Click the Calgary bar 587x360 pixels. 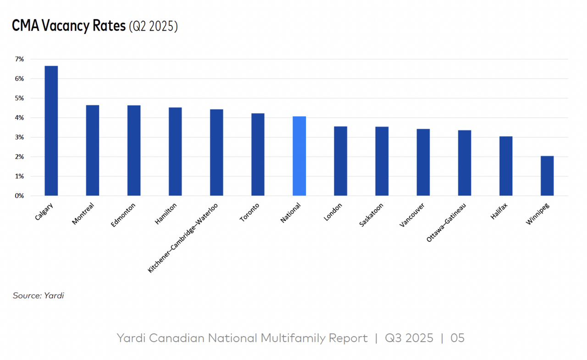[51, 131]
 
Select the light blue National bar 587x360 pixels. [299, 156]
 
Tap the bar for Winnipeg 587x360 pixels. [547, 176]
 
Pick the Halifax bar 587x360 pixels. [506, 166]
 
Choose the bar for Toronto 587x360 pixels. [258, 155]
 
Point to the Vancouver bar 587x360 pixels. [423, 162]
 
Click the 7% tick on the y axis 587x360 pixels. [19, 59]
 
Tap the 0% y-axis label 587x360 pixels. [19, 196]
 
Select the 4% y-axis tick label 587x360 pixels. [19, 118]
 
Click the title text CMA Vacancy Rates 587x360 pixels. [69, 26]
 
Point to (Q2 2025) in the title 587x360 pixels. [153, 27]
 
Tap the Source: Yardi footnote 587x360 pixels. [38, 296]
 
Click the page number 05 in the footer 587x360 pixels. [457, 338]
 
